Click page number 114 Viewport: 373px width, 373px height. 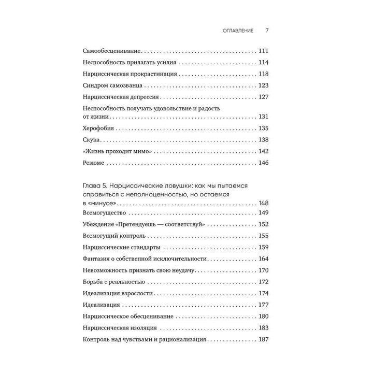264,62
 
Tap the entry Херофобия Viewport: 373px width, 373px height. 98,128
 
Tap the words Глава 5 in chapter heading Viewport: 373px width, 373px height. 95,185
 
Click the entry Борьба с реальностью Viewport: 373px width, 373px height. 113,282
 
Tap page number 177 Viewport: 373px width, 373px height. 264,305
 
